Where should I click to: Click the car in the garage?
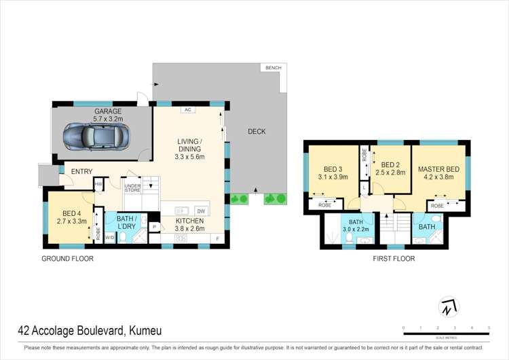pos(95,139)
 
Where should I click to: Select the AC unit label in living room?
pos(186,109)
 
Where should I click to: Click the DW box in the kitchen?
pos(200,210)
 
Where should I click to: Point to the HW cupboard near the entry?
pos(98,183)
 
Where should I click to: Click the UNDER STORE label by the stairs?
pos(132,188)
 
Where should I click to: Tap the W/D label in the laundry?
pos(109,237)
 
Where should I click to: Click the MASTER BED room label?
pos(440,168)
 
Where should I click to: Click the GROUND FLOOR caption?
pos(67,259)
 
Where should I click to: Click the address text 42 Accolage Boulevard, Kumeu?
pos(90,331)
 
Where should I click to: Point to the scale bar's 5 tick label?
pos(489,327)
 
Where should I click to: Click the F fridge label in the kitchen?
pos(217,238)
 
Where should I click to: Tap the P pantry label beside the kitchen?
pos(154,226)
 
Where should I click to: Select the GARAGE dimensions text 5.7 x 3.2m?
pos(108,120)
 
